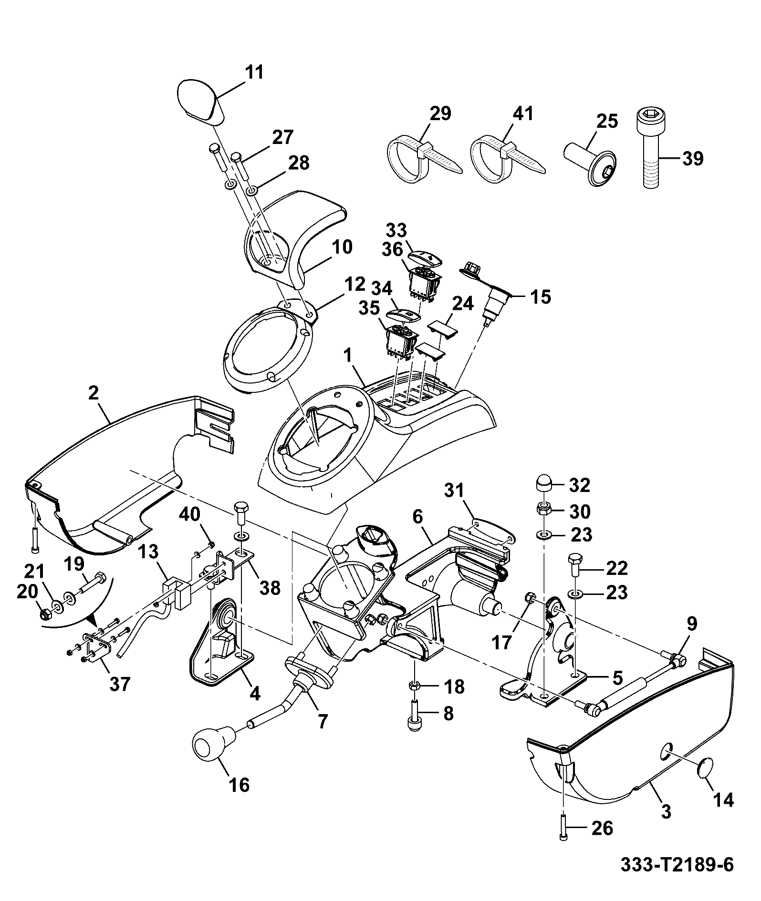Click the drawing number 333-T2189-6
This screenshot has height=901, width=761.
(677, 864)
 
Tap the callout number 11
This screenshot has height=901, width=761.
(254, 73)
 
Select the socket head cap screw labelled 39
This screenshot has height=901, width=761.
(648, 148)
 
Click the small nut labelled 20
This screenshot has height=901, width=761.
(44, 614)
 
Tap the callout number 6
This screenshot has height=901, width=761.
(418, 517)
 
